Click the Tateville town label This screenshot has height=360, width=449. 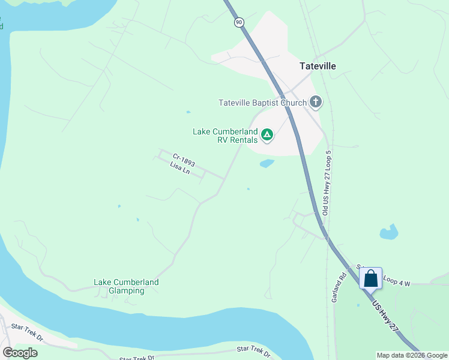(x=318, y=66)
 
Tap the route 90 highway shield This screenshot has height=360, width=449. (x=239, y=22)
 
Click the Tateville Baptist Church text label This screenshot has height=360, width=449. (x=263, y=103)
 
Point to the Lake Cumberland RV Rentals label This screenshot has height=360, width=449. (x=225, y=136)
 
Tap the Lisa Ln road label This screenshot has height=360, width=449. (x=180, y=168)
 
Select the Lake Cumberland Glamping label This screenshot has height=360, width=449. (x=126, y=286)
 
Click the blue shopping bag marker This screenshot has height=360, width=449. (x=371, y=278)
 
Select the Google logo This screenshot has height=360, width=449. (x=20, y=353)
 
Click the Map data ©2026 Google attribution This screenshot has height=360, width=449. (x=412, y=355)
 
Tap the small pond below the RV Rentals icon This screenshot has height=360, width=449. (x=267, y=163)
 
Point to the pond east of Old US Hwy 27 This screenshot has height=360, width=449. (x=389, y=232)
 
